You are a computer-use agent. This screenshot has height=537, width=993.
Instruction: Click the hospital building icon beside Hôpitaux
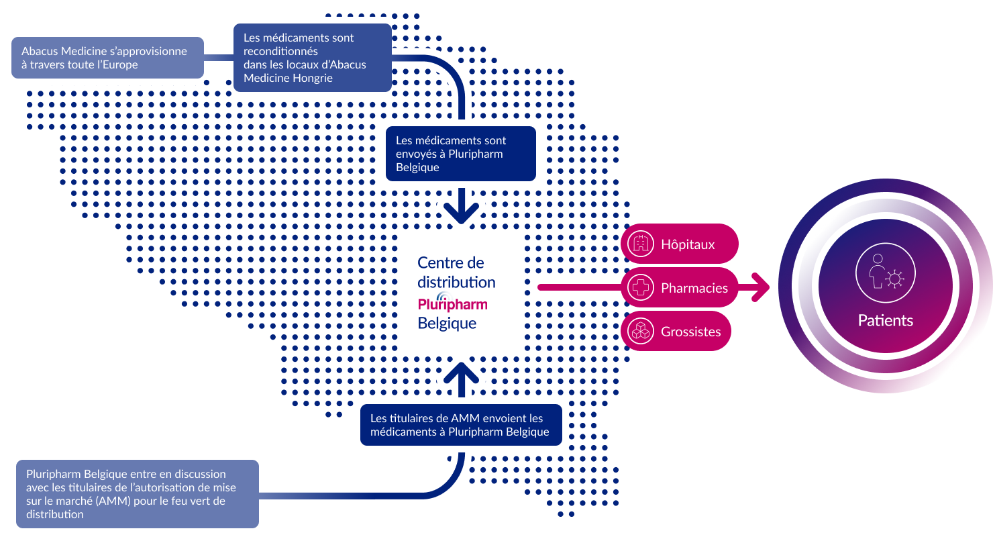tap(641, 244)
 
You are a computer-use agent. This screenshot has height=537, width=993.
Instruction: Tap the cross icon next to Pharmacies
tap(641, 287)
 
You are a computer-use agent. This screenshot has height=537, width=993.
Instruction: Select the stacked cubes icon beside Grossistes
tap(641, 331)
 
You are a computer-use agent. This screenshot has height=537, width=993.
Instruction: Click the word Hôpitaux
tap(688, 244)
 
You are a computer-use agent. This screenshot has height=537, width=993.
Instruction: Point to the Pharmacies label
tap(694, 288)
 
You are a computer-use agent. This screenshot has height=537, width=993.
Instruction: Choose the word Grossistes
tap(690, 331)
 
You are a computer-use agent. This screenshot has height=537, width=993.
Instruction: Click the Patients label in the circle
tap(885, 320)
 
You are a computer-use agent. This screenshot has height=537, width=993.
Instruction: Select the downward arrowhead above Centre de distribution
tap(461, 213)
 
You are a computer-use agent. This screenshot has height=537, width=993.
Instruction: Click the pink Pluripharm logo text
tap(453, 304)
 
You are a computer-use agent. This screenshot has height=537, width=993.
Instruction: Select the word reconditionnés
tap(280, 51)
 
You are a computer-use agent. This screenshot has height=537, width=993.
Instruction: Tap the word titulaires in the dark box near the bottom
tap(409, 418)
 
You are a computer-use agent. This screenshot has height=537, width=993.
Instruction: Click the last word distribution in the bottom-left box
tap(54, 514)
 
